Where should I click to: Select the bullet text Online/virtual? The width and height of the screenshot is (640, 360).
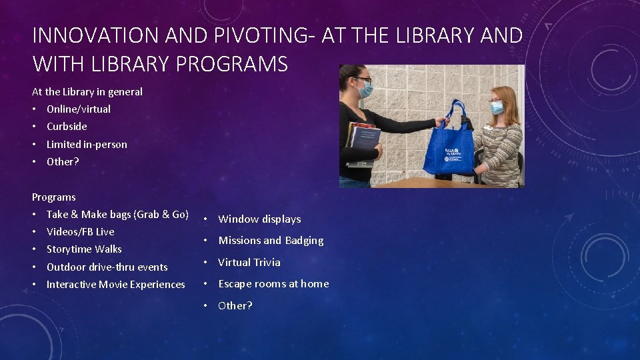click(x=79, y=109)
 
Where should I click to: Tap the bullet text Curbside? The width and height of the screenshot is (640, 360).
click(x=67, y=126)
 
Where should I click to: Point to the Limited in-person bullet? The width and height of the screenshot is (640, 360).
click(x=87, y=144)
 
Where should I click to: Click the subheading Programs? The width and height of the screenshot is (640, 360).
click(x=54, y=197)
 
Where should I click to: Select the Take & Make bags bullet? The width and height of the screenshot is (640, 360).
click(x=117, y=214)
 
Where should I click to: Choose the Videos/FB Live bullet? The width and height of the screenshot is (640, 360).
click(x=80, y=231)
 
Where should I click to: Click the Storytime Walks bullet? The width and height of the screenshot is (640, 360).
click(x=84, y=249)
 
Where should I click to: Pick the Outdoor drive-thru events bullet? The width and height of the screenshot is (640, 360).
click(x=107, y=267)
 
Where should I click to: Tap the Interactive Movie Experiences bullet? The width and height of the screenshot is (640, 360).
click(x=115, y=284)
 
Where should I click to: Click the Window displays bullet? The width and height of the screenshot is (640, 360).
click(x=259, y=219)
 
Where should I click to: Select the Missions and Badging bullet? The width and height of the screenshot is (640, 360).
click(x=271, y=240)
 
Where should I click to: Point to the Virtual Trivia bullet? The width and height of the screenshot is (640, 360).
click(x=249, y=262)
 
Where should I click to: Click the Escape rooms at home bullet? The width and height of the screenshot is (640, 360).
click(x=273, y=283)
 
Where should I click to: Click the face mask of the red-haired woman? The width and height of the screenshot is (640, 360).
click(x=497, y=107)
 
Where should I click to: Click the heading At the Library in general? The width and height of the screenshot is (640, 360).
click(x=87, y=91)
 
